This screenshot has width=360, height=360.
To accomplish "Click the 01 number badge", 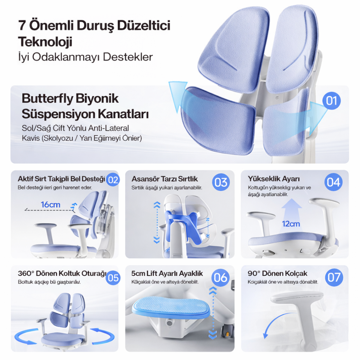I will click(x=331, y=101).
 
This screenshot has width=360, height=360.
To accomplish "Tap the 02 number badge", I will click(x=113, y=180).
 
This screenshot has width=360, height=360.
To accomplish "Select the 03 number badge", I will click(x=221, y=182).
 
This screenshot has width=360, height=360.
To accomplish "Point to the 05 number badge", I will click(x=113, y=278).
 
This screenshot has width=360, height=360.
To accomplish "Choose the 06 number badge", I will click(x=221, y=278).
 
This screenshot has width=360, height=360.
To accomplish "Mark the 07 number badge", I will click(x=333, y=278).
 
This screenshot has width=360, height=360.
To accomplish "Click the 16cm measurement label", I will click(x=51, y=205).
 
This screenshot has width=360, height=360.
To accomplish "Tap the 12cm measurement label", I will click(x=291, y=224).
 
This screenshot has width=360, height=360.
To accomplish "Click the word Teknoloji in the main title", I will click(x=45, y=42).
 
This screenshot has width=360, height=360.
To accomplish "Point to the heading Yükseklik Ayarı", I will click(x=273, y=179).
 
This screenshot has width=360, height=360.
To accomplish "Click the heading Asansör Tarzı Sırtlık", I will click(x=165, y=179).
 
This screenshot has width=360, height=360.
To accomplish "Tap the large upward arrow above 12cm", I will click(x=291, y=208).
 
